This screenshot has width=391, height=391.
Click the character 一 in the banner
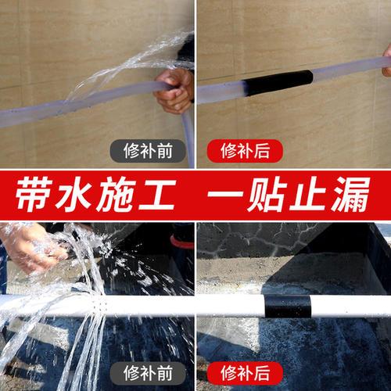[227, 197]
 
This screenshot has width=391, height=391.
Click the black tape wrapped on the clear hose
[278, 82]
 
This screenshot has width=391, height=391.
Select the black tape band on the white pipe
[287, 306]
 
